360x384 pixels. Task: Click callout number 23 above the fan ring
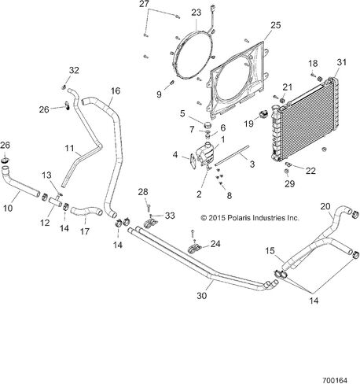click(196, 13)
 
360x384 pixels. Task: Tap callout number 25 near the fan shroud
click(275, 25)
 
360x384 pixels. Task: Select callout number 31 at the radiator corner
click(341, 62)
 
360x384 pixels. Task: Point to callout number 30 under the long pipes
click(202, 296)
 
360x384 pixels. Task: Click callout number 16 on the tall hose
click(116, 91)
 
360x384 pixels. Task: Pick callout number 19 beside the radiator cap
click(249, 124)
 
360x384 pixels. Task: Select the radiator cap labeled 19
click(263, 114)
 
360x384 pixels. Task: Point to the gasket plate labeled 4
click(193, 162)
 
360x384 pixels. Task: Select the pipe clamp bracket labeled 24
click(194, 249)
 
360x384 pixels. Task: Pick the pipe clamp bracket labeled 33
click(151, 223)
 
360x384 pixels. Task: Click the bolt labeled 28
click(149, 209)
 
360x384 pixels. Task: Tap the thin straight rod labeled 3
click(232, 156)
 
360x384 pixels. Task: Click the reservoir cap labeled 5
click(208, 124)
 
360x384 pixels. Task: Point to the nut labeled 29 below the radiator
click(287, 172)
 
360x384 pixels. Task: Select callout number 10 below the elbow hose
click(8, 209)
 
